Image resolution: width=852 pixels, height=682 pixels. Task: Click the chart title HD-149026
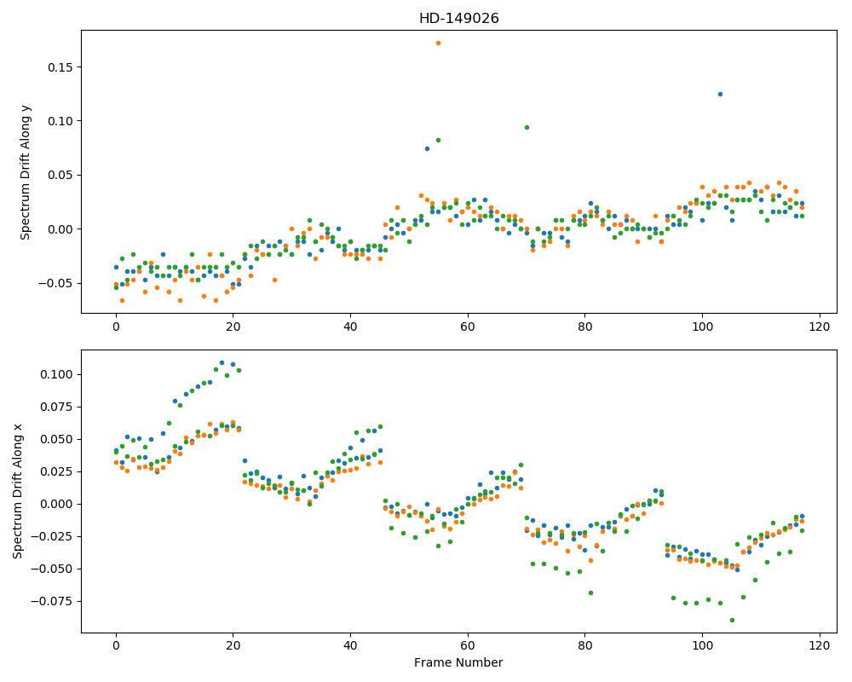coord(458,19)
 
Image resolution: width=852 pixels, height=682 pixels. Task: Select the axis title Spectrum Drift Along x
coord(17,490)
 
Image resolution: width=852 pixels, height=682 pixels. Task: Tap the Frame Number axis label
coord(458,662)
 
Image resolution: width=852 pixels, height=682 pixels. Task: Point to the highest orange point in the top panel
coord(438,43)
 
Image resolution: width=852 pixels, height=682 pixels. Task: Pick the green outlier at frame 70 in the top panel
coord(527,127)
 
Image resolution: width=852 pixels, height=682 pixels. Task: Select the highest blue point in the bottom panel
coord(222,363)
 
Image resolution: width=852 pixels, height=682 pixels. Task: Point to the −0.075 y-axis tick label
coord(53,601)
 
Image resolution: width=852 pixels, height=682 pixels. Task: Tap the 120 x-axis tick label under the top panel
coord(820,327)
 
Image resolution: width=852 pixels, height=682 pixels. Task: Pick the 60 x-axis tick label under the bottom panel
coord(468,646)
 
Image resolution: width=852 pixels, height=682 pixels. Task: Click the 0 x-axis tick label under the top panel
coord(116,327)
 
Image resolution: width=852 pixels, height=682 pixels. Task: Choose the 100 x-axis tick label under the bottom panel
coord(702,646)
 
